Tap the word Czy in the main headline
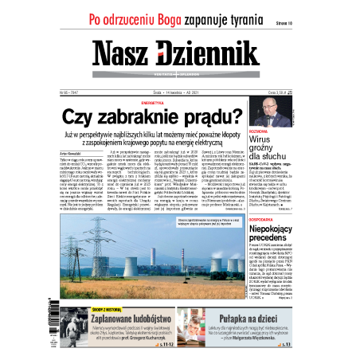coord(80,118)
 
